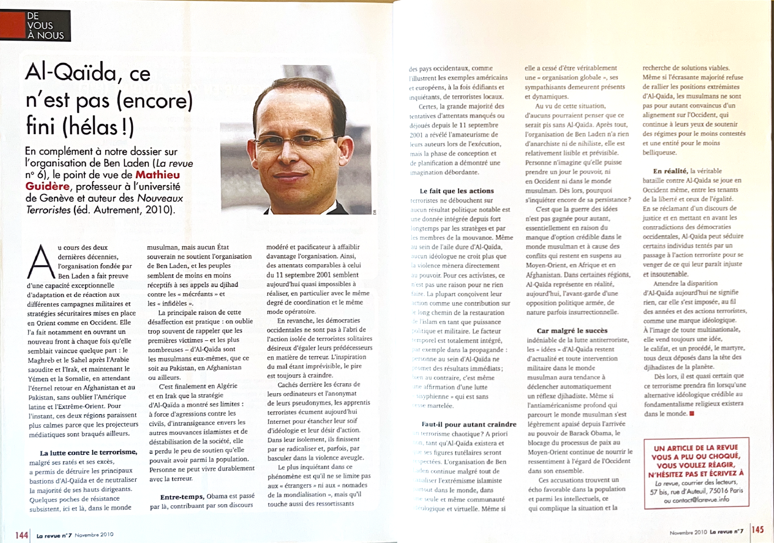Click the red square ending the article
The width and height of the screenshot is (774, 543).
click(x=692, y=413)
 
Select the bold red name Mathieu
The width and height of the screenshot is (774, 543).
click(x=158, y=175)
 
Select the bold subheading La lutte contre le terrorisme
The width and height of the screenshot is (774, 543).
click(x=88, y=452)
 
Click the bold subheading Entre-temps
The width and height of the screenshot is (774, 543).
click(x=182, y=497)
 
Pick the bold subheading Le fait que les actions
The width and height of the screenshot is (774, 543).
click(x=457, y=191)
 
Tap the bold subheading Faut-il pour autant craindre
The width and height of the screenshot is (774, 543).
click(x=469, y=424)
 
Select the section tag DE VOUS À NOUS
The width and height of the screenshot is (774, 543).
click(x=40, y=26)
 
